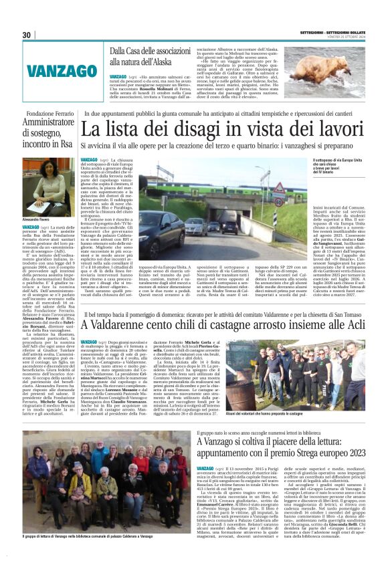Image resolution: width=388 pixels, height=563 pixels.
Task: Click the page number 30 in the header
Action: tap(26, 35)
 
